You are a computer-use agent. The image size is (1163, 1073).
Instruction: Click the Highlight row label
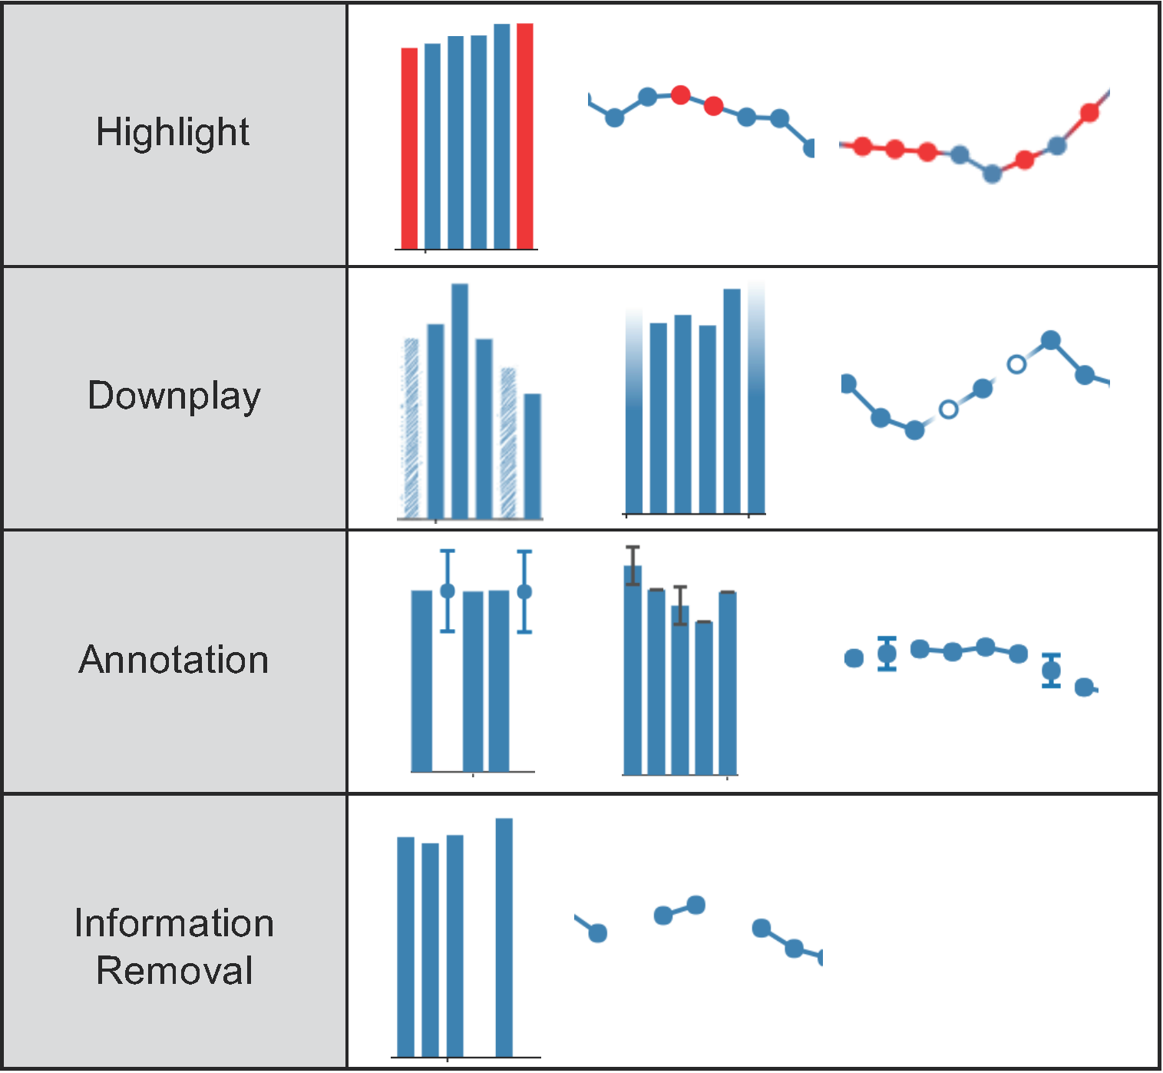[x=173, y=132]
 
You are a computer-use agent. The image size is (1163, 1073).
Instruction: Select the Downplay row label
[x=174, y=396]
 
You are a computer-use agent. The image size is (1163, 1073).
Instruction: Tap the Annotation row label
[x=174, y=660]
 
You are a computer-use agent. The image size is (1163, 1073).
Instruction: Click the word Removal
[x=174, y=970]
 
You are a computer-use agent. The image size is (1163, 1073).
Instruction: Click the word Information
[x=174, y=923]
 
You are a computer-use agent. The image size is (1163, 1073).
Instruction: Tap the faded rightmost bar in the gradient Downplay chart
[x=757, y=399]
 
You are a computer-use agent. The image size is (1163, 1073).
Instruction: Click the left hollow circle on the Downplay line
[x=949, y=409]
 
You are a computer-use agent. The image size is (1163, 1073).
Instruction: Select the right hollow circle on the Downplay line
[x=1016, y=364]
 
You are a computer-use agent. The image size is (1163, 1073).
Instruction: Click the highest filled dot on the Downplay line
[x=1051, y=340]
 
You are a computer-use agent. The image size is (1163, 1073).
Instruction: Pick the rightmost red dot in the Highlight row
[x=1089, y=113]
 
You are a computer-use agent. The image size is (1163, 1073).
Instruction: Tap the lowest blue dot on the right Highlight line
[x=992, y=174]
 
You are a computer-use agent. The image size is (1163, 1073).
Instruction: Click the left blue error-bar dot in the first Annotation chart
[x=448, y=591]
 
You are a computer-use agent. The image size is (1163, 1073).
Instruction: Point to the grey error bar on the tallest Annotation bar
[x=633, y=566]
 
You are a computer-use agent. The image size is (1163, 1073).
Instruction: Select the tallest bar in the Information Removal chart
[x=504, y=937]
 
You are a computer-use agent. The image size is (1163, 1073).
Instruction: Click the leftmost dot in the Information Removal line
[x=598, y=933]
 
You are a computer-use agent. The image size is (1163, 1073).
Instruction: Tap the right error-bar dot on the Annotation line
[x=1051, y=671]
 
